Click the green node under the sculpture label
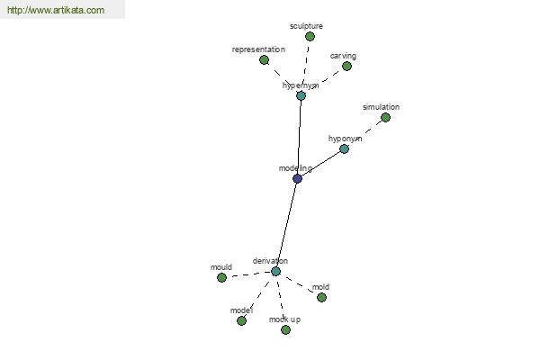click(x=310, y=36)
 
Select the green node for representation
click(x=264, y=60)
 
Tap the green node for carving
click(x=346, y=66)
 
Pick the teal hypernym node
click(x=301, y=95)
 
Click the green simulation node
click(x=386, y=118)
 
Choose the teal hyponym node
click(x=344, y=148)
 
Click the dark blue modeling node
click(x=297, y=178)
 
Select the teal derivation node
click(x=275, y=271)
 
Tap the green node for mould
click(x=221, y=277)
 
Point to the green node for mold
click(x=321, y=297)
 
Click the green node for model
click(x=242, y=320)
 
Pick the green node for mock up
click(x=285, y=329)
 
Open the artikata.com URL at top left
click(x=56, y=10)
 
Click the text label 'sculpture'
click(x=306, y=26)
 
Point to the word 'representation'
click(x=258, y=49)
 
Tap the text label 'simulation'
click(x=381, y=107)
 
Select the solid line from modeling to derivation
click(x=286, y=225)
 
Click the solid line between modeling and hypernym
click(x=299, y=137)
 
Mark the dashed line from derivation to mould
click(x=248, y=274)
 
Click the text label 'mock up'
click(x=284, y=319)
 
